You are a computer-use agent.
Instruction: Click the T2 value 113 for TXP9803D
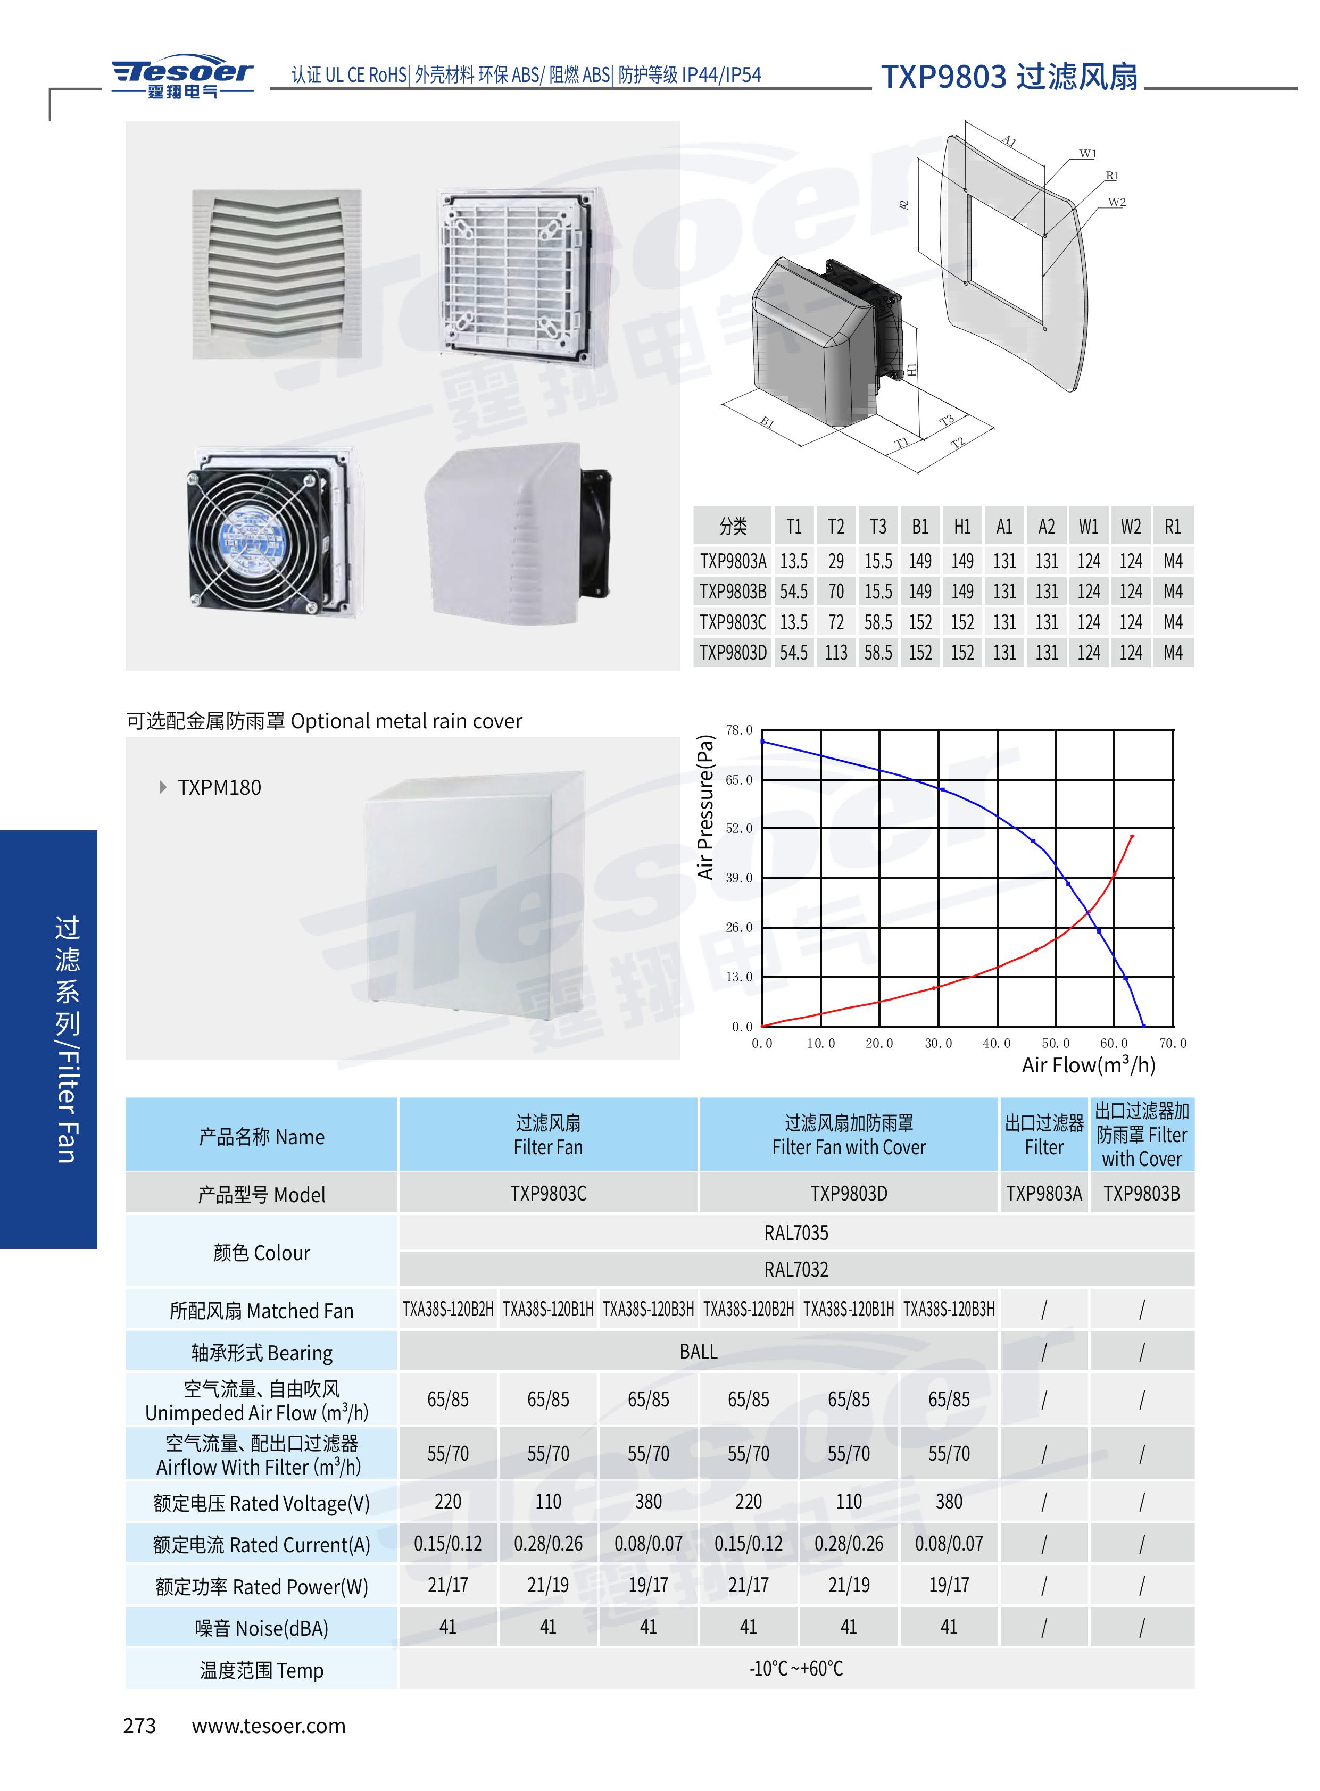tap(836, 653)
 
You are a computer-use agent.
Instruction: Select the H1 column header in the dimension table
tap(962, 527)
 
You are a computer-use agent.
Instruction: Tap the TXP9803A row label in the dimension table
tap(733, 561)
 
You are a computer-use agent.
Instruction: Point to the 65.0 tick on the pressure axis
tap(738, 780)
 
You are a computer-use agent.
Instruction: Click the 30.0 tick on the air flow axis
tap(938, 1043)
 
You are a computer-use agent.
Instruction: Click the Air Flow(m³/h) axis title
tap(1088, 1065)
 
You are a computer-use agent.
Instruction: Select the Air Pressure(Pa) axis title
tap(705, 807)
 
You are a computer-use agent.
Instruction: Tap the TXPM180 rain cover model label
tap(219, 788)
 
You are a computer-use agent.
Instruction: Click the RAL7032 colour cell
tap(796, 1269)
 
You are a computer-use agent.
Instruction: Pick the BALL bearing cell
tap(699, 1352)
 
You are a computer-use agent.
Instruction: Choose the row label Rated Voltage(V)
tap(261, 1503)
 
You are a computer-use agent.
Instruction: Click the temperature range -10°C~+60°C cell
tap(796, 1668)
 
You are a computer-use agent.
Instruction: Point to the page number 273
tap(140, 1726)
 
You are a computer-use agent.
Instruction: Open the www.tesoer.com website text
tap(269, 1726)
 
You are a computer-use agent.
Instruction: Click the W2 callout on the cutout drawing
tap(1116, 202)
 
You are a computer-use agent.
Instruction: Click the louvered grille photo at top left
tap(277, 273)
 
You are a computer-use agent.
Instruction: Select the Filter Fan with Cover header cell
tap(849, 1135)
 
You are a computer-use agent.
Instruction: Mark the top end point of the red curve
tap(1132, 836)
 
